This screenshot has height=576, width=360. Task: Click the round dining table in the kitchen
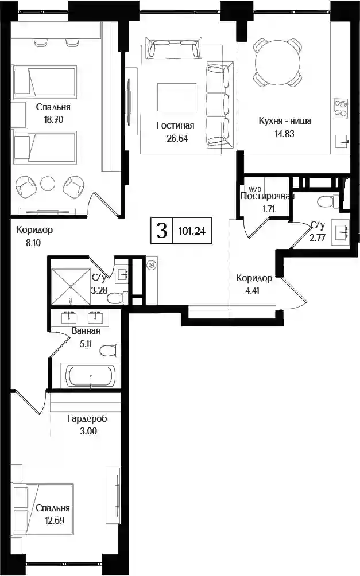[x=278, y=63]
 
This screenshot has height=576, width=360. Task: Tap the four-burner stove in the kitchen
[x=340, y=108]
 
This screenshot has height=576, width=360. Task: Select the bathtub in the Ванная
[x=90, y=375]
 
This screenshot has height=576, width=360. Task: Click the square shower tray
[x=71, y=286]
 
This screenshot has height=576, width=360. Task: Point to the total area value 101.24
[x=192, y=231]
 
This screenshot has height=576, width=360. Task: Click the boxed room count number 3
[x=162, y=231]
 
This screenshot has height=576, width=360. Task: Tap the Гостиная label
[x=175, y=125]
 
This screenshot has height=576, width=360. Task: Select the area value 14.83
[x=285, y=134]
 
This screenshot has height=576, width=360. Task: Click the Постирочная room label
[x=267, y=196]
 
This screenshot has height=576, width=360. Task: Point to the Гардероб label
[x=87, y=418]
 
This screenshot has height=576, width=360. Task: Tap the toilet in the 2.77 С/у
[x=327, y=201]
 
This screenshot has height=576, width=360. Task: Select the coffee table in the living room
[x=177, y=97]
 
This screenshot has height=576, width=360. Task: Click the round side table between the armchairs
[x=48, y=184]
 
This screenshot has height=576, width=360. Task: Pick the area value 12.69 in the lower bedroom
[x=55, y=520]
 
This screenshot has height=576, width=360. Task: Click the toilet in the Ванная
[x=110, y=350]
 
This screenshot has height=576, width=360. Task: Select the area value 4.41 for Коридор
[x=253, y=290]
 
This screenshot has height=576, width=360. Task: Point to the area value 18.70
[x=53, y=119]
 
